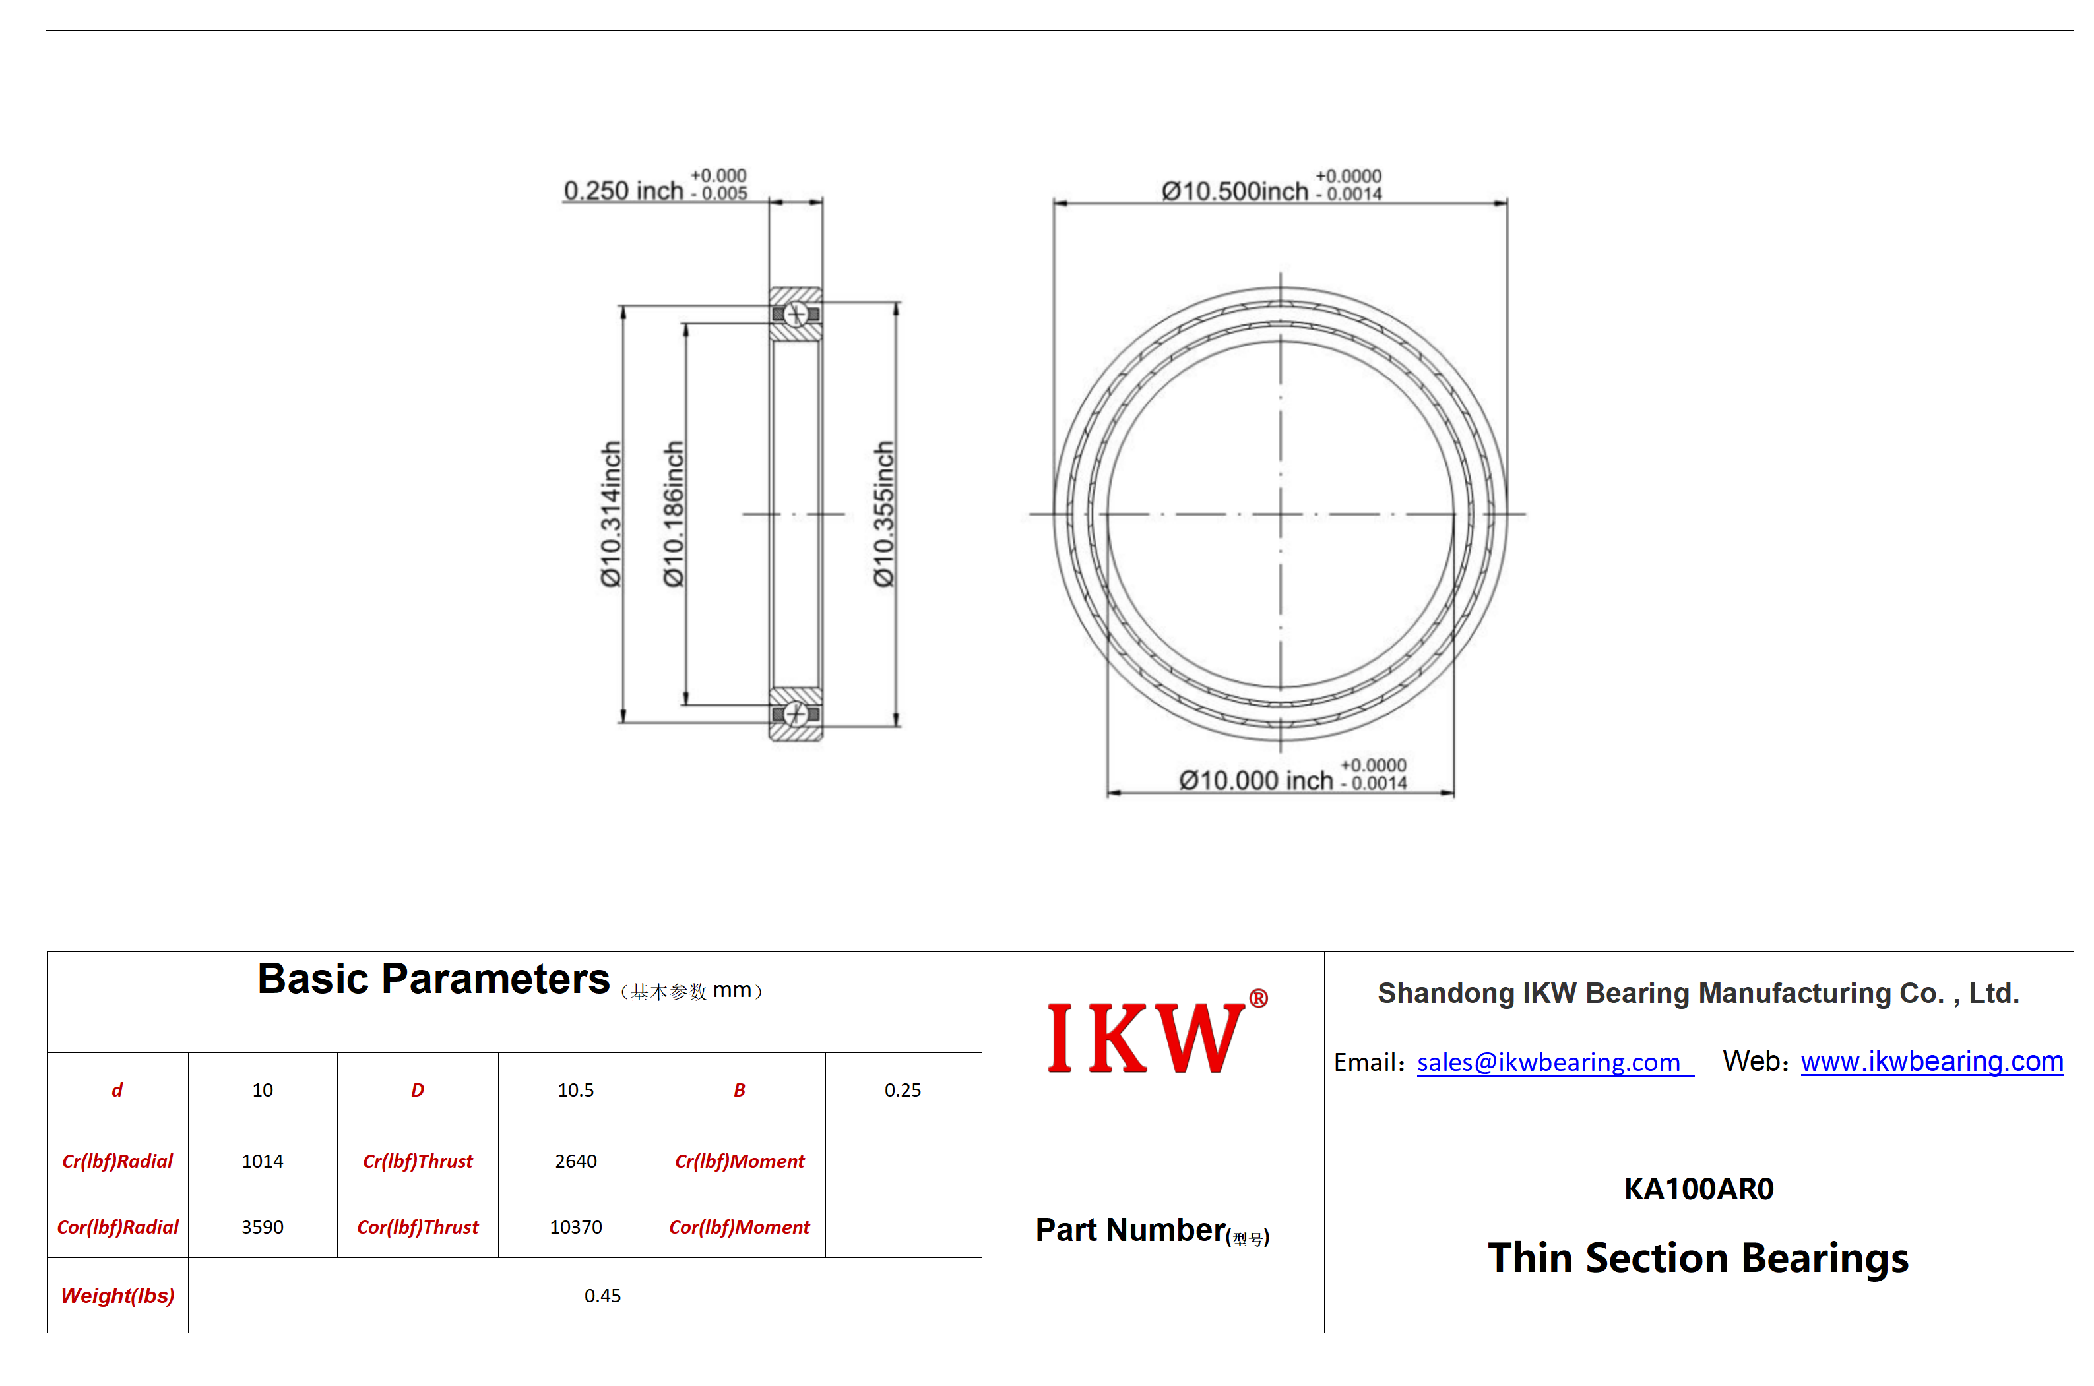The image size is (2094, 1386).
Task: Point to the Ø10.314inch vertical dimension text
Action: (x=611, y=514)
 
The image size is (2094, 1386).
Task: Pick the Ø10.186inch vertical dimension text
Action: (x=674, y=514)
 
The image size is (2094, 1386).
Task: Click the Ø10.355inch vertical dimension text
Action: (x=883, y=514)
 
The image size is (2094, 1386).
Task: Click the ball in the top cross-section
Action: (x=796, y=314)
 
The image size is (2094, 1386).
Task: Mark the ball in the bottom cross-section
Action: (x=796, y=713)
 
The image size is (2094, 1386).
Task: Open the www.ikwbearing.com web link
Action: (x=1931, y=1061)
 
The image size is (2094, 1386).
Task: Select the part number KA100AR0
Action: (x=1698, y=1189)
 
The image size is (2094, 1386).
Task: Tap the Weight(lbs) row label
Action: (x=117, y=1296)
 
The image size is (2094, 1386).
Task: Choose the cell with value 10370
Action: (x=576, y=1227)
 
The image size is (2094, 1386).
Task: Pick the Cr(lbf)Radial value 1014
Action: (x=263, y=1160)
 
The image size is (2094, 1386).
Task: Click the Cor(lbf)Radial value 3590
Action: (x=263, y=1227)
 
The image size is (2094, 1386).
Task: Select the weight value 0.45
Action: (x=602, y=1296)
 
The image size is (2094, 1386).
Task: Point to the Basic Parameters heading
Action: (x=433, y=979)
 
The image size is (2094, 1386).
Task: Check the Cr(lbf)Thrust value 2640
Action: (x=576, y=1160)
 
